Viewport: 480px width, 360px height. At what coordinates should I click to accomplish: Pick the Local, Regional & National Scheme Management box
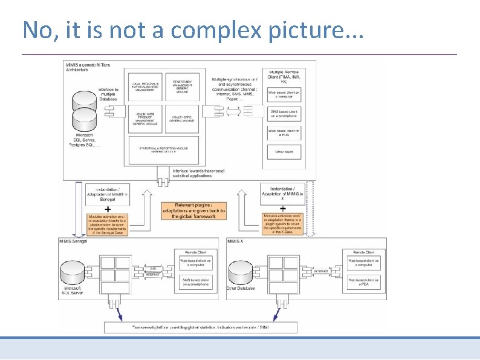tap(144, 87)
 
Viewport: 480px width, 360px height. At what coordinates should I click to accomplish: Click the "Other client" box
tap(284, 151)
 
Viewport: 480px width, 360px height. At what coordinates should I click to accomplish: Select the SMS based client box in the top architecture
tap(284, 113)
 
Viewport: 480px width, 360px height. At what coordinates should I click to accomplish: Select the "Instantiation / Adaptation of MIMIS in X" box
tap(282, 194)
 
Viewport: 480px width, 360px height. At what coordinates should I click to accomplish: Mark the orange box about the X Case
tap(282, 223)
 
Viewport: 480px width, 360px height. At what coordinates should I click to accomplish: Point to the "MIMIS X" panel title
tap(236, 241)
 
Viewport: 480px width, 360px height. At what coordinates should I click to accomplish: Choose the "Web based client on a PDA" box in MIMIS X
tap(363, 283)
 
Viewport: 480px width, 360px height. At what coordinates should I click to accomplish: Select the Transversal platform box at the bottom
tap(201, 327)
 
